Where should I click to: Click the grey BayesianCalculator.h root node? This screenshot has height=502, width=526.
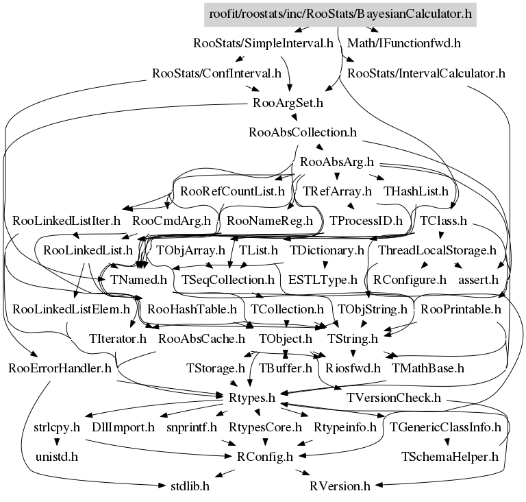point(340,13)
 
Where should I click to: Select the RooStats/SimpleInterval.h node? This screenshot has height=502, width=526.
point(264,43)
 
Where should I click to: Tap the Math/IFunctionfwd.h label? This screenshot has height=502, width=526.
point(403,43)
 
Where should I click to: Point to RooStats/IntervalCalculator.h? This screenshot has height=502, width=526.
point(426,73)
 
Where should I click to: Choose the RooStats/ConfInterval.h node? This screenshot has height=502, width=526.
point(216,73)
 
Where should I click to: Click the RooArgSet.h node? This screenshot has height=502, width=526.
point(288,104)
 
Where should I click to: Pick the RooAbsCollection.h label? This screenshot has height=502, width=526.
point(303,132)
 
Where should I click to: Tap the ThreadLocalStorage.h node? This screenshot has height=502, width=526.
point(437,250)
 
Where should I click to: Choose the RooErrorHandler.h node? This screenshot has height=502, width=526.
point(60,368)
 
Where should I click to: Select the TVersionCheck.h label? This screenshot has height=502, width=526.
point(393,397)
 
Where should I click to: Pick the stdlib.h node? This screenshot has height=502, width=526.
point(190,486)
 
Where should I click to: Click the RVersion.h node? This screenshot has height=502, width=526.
point(340,486)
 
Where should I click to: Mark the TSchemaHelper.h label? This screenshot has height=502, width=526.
point(449,456)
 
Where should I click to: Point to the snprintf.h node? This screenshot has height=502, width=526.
point(191,427)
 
